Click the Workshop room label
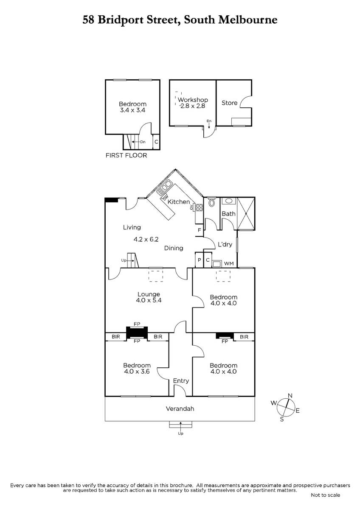click(x=193, y=100)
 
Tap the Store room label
click(x=230, y=103)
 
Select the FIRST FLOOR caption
click(x=126, y=155)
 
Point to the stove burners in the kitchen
click(x=200, y=207)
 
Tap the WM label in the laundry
click(x=229, y=263)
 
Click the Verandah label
click(x=180, y=409)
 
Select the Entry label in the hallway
click(x=181, y=380)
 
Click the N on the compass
click(x=290, y=396)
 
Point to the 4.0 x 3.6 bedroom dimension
click(x=137, y=372)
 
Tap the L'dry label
click(x=225, y=244)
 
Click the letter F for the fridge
click(x=200, y=230)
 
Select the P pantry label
click(x=200, y=260)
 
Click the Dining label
click(x=174, y=248)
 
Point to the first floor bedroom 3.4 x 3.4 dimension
click(x=132, y=110)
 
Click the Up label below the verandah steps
click(x=180, y=433)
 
